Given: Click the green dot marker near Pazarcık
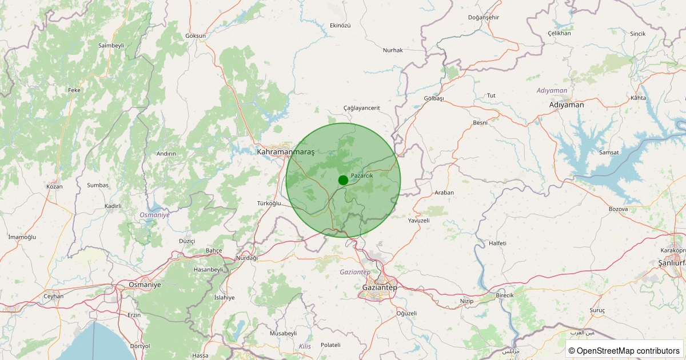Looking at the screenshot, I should [343, 180].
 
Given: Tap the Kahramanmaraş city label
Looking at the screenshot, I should [286, 152].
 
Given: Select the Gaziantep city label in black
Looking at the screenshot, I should [380, 287].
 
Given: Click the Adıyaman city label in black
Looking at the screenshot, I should [566, 105].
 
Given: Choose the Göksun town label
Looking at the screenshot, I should [196, 35].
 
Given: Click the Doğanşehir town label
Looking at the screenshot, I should [483, 17].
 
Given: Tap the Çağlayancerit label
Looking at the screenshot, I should [361, 107].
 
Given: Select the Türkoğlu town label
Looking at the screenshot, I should [269, 203].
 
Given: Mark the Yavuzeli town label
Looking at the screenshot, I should [418, 220].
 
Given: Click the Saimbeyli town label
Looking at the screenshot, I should [111, 45].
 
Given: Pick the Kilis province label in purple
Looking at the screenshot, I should [305, 346].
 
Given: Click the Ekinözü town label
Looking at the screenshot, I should [340, 26].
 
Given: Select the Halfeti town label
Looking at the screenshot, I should [497, 243].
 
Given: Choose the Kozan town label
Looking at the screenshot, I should [54, 186].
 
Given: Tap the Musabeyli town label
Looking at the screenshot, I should [283, 333].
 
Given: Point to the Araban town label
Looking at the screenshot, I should [444, 193].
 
